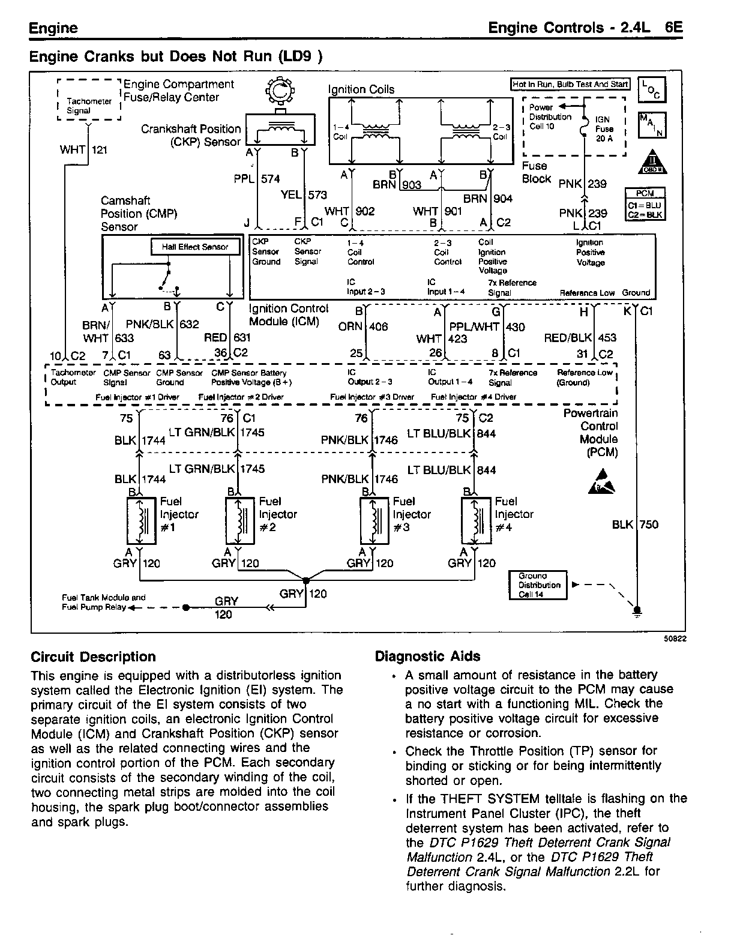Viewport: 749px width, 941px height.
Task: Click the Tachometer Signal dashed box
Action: [88, 101]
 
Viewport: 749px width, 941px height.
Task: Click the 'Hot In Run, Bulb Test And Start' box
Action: [569, 85]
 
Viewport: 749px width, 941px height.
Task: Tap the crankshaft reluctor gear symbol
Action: [278, 92]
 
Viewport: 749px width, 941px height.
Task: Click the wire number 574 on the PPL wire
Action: [271, 179]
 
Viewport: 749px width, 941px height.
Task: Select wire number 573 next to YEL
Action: [317, 195]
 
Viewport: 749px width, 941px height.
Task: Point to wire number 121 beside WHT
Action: [100, 149]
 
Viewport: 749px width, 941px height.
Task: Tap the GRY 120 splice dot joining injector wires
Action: [306, 580]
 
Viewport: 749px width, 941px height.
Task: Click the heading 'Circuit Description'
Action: [93, 657]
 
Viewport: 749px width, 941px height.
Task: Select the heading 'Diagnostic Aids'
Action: [427, 657]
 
